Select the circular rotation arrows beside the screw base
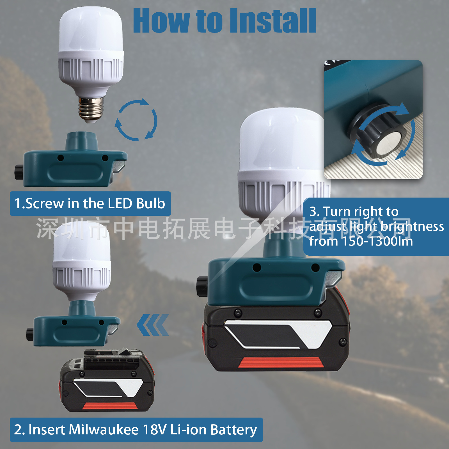[x=136, y=120]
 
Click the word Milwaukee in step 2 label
[x=104, y=430]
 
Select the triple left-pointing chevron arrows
[x=153, y=325]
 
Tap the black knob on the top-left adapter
[x=19, y=172]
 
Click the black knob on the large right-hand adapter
[x=202, y=287]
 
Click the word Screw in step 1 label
[x=45, y=203]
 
